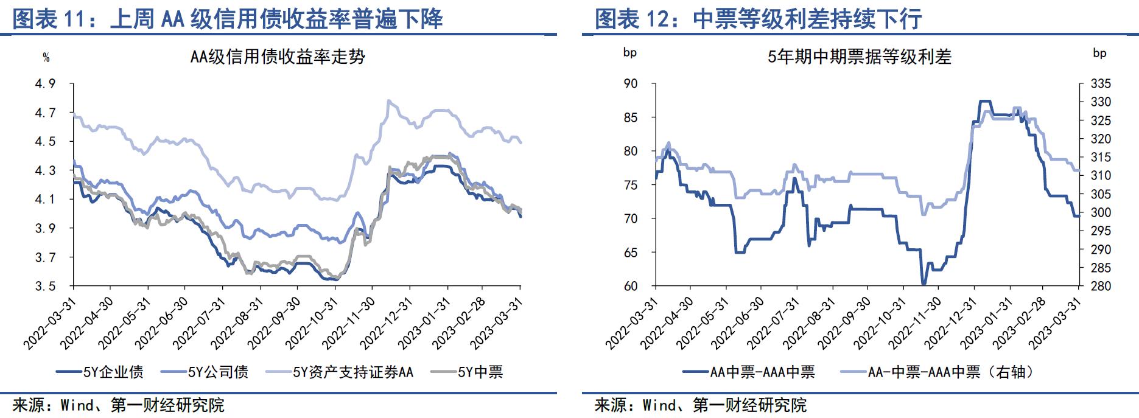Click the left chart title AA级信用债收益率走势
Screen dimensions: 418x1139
pyautogui.click(x=278, y=57)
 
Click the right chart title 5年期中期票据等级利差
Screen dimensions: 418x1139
pyautogui.click(x=859, y=57)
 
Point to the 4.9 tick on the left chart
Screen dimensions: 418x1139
pyautogui.click(x=44, y=83)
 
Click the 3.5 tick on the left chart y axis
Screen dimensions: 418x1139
pyautogui.click(x=44, y=286)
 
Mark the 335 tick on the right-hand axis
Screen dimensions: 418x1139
pyautogui.click(x=1100, y=83)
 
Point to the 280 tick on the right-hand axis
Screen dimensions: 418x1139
pyautogui.click(x=1100, y=286)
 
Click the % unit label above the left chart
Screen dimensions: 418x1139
pyautogui.click(x=46, y=58)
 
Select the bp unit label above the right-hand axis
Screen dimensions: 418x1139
pyautogui.click(x=1099, y=53)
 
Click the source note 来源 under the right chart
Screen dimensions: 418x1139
pyautogui.click(x=700, y=405)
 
